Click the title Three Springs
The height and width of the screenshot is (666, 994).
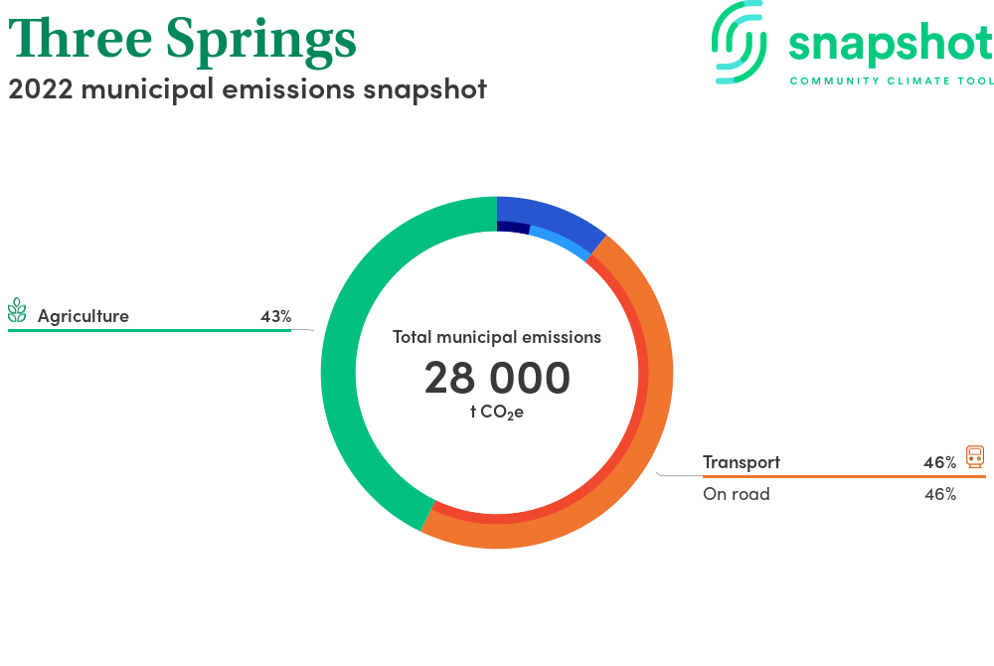(x=182, y=40)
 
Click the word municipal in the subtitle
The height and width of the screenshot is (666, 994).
(x=148, y=90)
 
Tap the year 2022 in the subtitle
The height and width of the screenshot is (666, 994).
(x=41, y=89)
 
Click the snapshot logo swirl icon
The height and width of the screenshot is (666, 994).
(x=739, y=43)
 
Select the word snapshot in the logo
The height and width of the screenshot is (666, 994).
(x=891, y=45)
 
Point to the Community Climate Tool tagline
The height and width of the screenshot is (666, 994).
(x=892, y=82)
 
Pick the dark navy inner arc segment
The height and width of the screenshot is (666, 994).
(x=513, y=227)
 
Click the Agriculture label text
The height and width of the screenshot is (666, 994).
(x=83, y=315)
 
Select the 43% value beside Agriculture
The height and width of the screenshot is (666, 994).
(x=275, y=316)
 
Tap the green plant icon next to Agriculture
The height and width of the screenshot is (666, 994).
(x=17, y=310)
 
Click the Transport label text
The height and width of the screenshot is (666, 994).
(x=742, y=462)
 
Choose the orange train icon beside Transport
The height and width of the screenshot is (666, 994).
(x=975, y=457)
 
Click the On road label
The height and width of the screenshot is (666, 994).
(x=736, y=494)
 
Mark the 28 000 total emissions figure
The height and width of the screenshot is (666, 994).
(x=497, y=378)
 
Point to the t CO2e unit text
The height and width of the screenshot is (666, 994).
(x=496, y=412)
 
